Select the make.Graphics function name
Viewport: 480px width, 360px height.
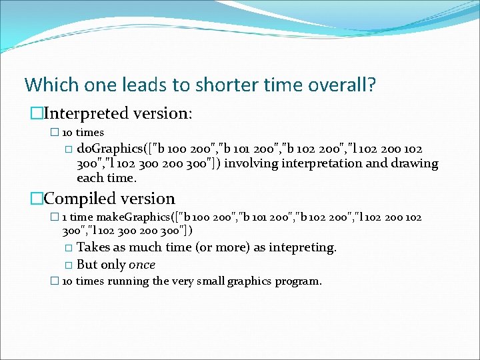coord(129,217)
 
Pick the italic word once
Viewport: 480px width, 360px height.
coord(142,265)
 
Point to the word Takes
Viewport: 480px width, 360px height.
coord(93,247)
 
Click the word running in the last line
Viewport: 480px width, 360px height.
coord(128,281)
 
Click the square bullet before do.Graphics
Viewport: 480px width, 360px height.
coord(69,149)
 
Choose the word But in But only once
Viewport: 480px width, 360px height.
coord(88,265)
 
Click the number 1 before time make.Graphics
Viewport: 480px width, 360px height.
coord(64,217)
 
